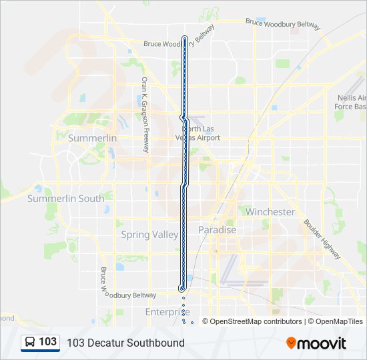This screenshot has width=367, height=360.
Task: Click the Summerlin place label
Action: (x=92, y=138)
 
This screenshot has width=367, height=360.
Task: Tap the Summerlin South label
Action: (x=65, y=199)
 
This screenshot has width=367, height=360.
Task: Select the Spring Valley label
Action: (x=149, y=235)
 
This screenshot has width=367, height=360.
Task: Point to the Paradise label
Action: (x=217, y=230)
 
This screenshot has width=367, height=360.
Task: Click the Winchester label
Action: (x=270, y=212)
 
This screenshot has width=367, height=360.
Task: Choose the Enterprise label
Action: (x=167, y=312)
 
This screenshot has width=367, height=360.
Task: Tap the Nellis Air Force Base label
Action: (x=351, y=102)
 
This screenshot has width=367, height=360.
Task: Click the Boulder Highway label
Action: (x=322, y=239)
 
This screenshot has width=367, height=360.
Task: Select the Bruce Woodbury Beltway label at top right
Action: (x=283, y=25)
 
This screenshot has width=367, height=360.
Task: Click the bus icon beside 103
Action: (x=30, y=343)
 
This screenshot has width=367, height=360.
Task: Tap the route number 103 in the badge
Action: (x=48, y=342)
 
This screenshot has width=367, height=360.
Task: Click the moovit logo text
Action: (x=322, y=343)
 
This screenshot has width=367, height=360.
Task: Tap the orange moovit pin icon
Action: (x=291, y=343)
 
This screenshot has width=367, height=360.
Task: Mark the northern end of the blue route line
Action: (x=185, y=37)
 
